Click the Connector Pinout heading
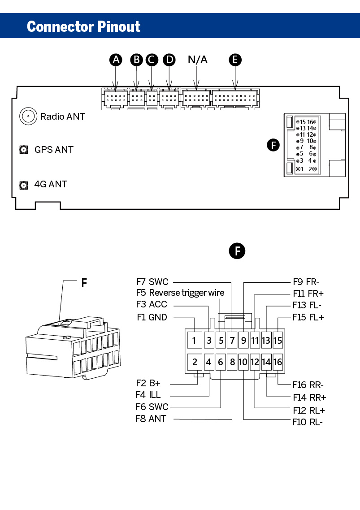(83, 26)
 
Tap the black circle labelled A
(116, 60)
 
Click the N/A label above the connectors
(198, 60)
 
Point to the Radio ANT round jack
(28, 117)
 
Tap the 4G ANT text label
(51, 184)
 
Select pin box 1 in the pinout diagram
(195, 341)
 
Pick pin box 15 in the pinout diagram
(278, 341)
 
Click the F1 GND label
(152, 317)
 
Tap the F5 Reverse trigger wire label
(180, 293)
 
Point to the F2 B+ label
(148, 383)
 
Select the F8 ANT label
(151, 419)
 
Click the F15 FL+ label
(308, 317)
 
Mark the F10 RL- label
(308, 422)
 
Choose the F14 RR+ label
(309, 397)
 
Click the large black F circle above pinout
(237, 251)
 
